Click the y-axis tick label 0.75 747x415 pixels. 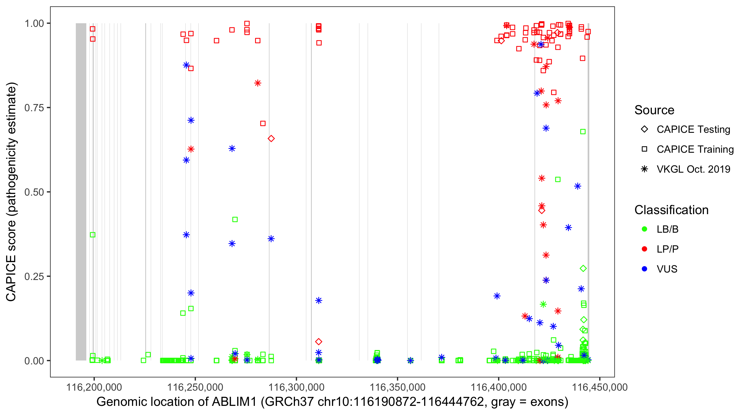34,108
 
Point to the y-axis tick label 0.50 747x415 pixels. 34,192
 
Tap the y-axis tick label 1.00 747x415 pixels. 34,23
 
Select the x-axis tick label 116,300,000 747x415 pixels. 296,387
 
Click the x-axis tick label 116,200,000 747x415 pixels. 94,387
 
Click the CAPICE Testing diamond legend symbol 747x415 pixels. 644,129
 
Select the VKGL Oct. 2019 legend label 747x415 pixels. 693,169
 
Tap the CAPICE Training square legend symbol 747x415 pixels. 644,149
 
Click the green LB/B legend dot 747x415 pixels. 644,229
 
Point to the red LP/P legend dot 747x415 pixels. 644,249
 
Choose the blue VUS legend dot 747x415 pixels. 644,269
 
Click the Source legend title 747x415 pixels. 654,110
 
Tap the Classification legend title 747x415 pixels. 671,210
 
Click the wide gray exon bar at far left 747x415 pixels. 81,191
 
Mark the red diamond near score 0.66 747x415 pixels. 271,139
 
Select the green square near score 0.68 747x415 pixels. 583,132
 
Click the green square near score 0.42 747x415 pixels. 235,220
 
